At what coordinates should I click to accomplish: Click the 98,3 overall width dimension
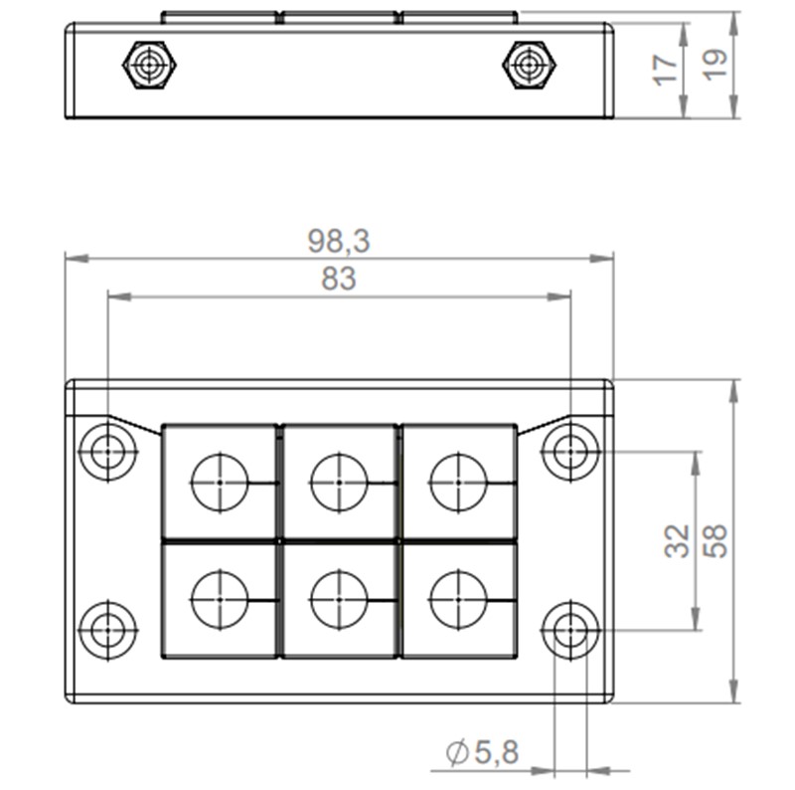[x=339, y=242]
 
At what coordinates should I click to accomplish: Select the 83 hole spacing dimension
[x=339, y=280]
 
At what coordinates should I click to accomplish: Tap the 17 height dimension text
[x=667, y=69]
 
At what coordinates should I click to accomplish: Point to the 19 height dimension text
[x=715, y=65]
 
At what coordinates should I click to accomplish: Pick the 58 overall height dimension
[x=715, y=540]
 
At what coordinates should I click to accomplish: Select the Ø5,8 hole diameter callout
[x=483, y=753]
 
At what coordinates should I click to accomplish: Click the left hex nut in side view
[x=150, y=66]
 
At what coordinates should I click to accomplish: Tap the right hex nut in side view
[x=529, y=66]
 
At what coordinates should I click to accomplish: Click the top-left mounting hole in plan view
[x=107, y=452]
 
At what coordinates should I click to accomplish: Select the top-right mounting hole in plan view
[x=569, y=452]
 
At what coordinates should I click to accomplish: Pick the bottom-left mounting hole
[x=107, y=629]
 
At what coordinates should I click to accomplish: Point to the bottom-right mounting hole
[x=569, y=629]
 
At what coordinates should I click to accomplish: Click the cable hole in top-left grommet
[x=219, y=483]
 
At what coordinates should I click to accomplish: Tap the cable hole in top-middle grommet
[x=339, y=483]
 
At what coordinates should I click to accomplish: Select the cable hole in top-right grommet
[x=458, y=483]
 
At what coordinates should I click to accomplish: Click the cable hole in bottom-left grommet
[x=219, y=600]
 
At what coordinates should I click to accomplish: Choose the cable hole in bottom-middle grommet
[x=339, y=600]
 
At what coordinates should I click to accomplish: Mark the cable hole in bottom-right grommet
[x=458, y=600]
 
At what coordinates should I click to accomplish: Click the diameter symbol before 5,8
[x=458, y=754]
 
